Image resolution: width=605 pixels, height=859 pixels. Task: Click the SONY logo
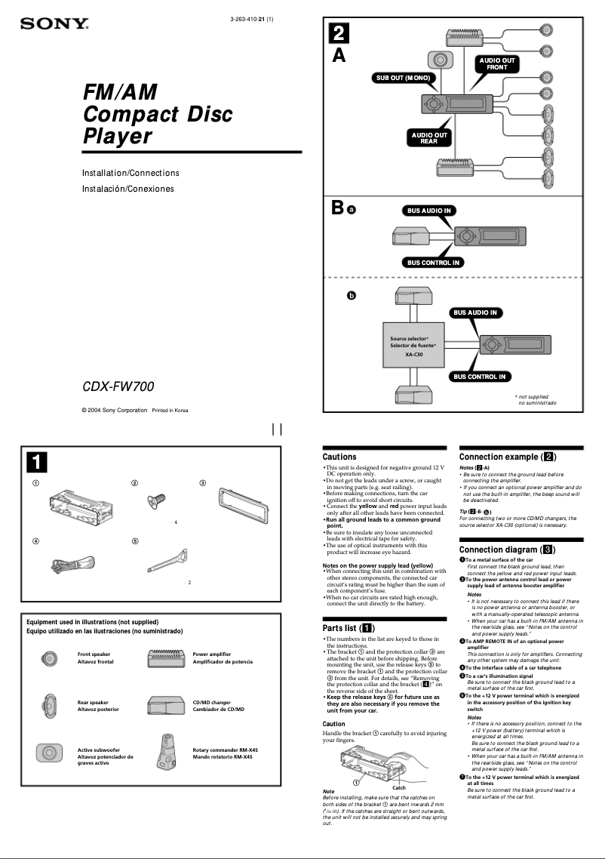55,25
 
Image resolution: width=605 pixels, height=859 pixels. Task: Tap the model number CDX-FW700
118,387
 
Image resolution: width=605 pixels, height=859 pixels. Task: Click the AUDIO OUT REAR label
428,138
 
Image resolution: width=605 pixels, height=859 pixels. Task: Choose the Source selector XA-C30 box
413,346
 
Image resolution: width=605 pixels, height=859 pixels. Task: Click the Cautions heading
339,457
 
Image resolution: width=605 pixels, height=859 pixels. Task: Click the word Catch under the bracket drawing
399,787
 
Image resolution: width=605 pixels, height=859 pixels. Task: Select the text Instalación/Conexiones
127,189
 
